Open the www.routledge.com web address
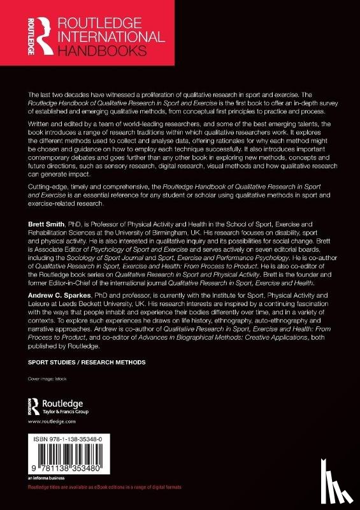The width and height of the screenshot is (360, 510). pos(44,423)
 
